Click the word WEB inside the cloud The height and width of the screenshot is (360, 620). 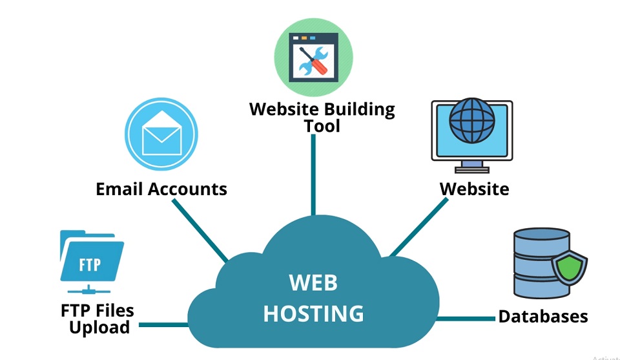click(x=313, y=283)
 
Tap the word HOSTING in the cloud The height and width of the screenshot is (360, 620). click(x=313, y=313)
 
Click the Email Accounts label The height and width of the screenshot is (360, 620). click(x=161, y=189)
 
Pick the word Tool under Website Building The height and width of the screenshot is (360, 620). click(x=322, y=125)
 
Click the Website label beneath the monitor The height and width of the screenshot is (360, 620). click(x=474, y=189)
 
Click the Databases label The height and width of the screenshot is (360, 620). click(x=543, y=316)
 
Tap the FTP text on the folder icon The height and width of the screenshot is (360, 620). click(x=90, y=265)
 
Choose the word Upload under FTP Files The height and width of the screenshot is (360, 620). click(x=99, y=327)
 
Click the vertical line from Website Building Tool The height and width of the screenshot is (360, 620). click(x=313, y=175)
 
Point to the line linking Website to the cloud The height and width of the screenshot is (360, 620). click(x=420, y=226)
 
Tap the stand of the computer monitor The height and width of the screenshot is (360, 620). click(x=471, y=167)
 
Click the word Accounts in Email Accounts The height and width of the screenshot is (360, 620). click(x=187, y=189)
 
